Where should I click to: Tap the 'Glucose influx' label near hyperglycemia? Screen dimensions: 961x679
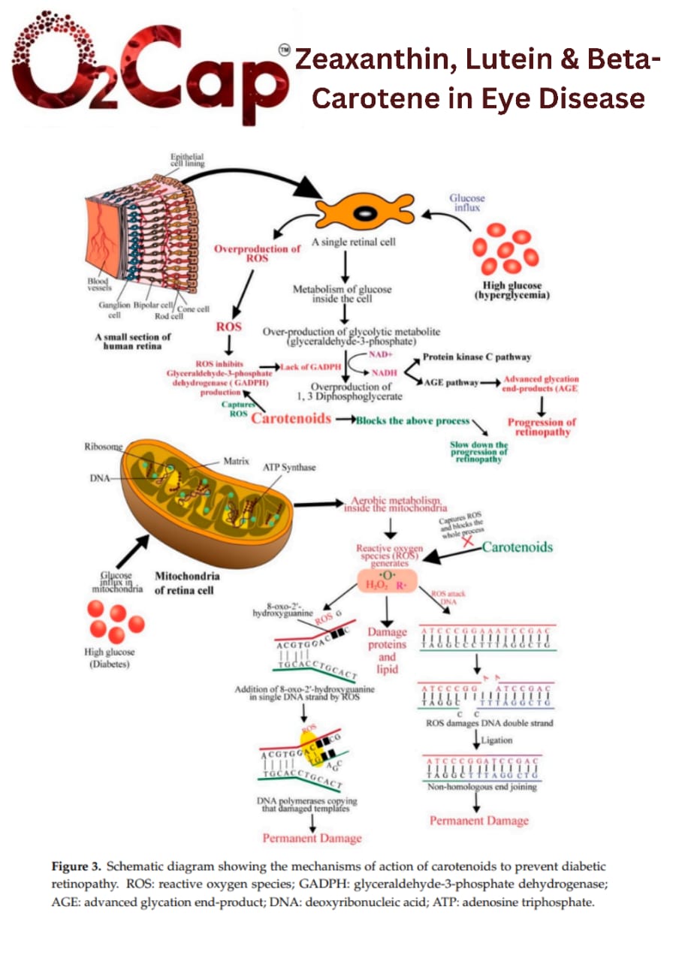tap(466, 203)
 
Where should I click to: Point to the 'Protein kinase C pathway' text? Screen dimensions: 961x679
tap(476, 357)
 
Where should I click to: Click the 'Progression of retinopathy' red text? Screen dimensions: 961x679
tap(541, 427)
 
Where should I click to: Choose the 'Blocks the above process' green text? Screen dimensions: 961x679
tap(412, 420)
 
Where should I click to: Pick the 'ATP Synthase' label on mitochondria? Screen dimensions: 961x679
tap(289, 467)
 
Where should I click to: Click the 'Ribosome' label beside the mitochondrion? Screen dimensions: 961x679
tap(104, 447)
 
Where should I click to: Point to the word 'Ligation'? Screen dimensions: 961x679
tap(496, 740)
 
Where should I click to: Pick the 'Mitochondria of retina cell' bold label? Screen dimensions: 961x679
tap(187, 583)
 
